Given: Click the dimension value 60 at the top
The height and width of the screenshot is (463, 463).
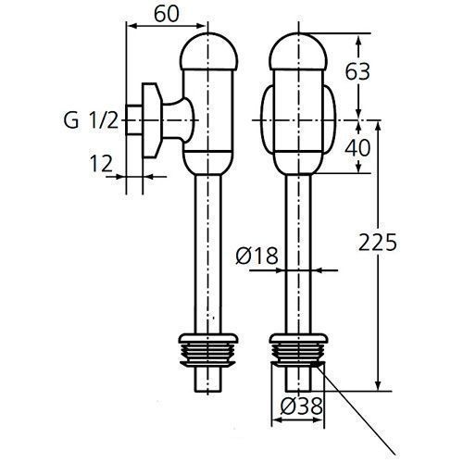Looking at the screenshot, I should point(166,15).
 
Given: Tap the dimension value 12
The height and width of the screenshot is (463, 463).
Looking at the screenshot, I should point(101,163).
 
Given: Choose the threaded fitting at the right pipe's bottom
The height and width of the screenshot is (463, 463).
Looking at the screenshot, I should point(298,353).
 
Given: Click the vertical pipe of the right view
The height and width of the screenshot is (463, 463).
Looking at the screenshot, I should point(298,222).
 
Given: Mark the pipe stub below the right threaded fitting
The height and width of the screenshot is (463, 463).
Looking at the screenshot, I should point(298,380).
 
